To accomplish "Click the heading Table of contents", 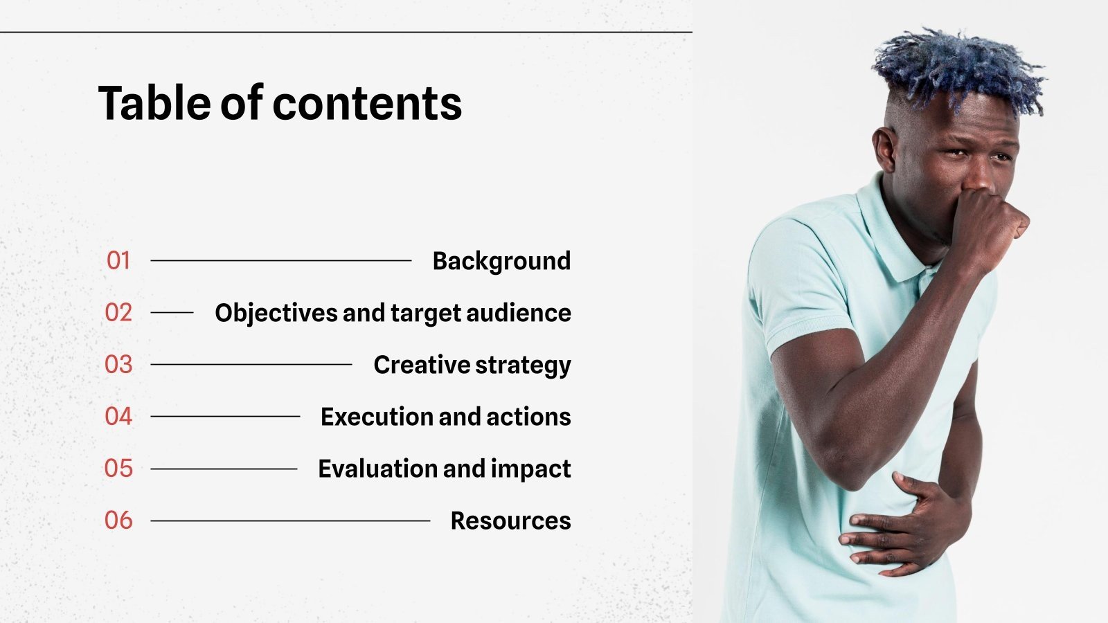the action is point(280,103).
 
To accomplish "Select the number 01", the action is point(118,260).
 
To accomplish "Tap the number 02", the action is point(118,312).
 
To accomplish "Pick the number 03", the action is point(118,364).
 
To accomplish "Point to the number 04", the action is point(118,416).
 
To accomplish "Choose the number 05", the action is point(118,468).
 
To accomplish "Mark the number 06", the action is point(118,520).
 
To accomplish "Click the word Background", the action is point(501,262).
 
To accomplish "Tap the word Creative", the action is point(422,364).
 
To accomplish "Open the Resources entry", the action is point(510,521).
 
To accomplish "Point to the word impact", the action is point(530,469).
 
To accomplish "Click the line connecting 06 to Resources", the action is point(290,521).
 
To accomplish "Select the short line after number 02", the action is point(172,312).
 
